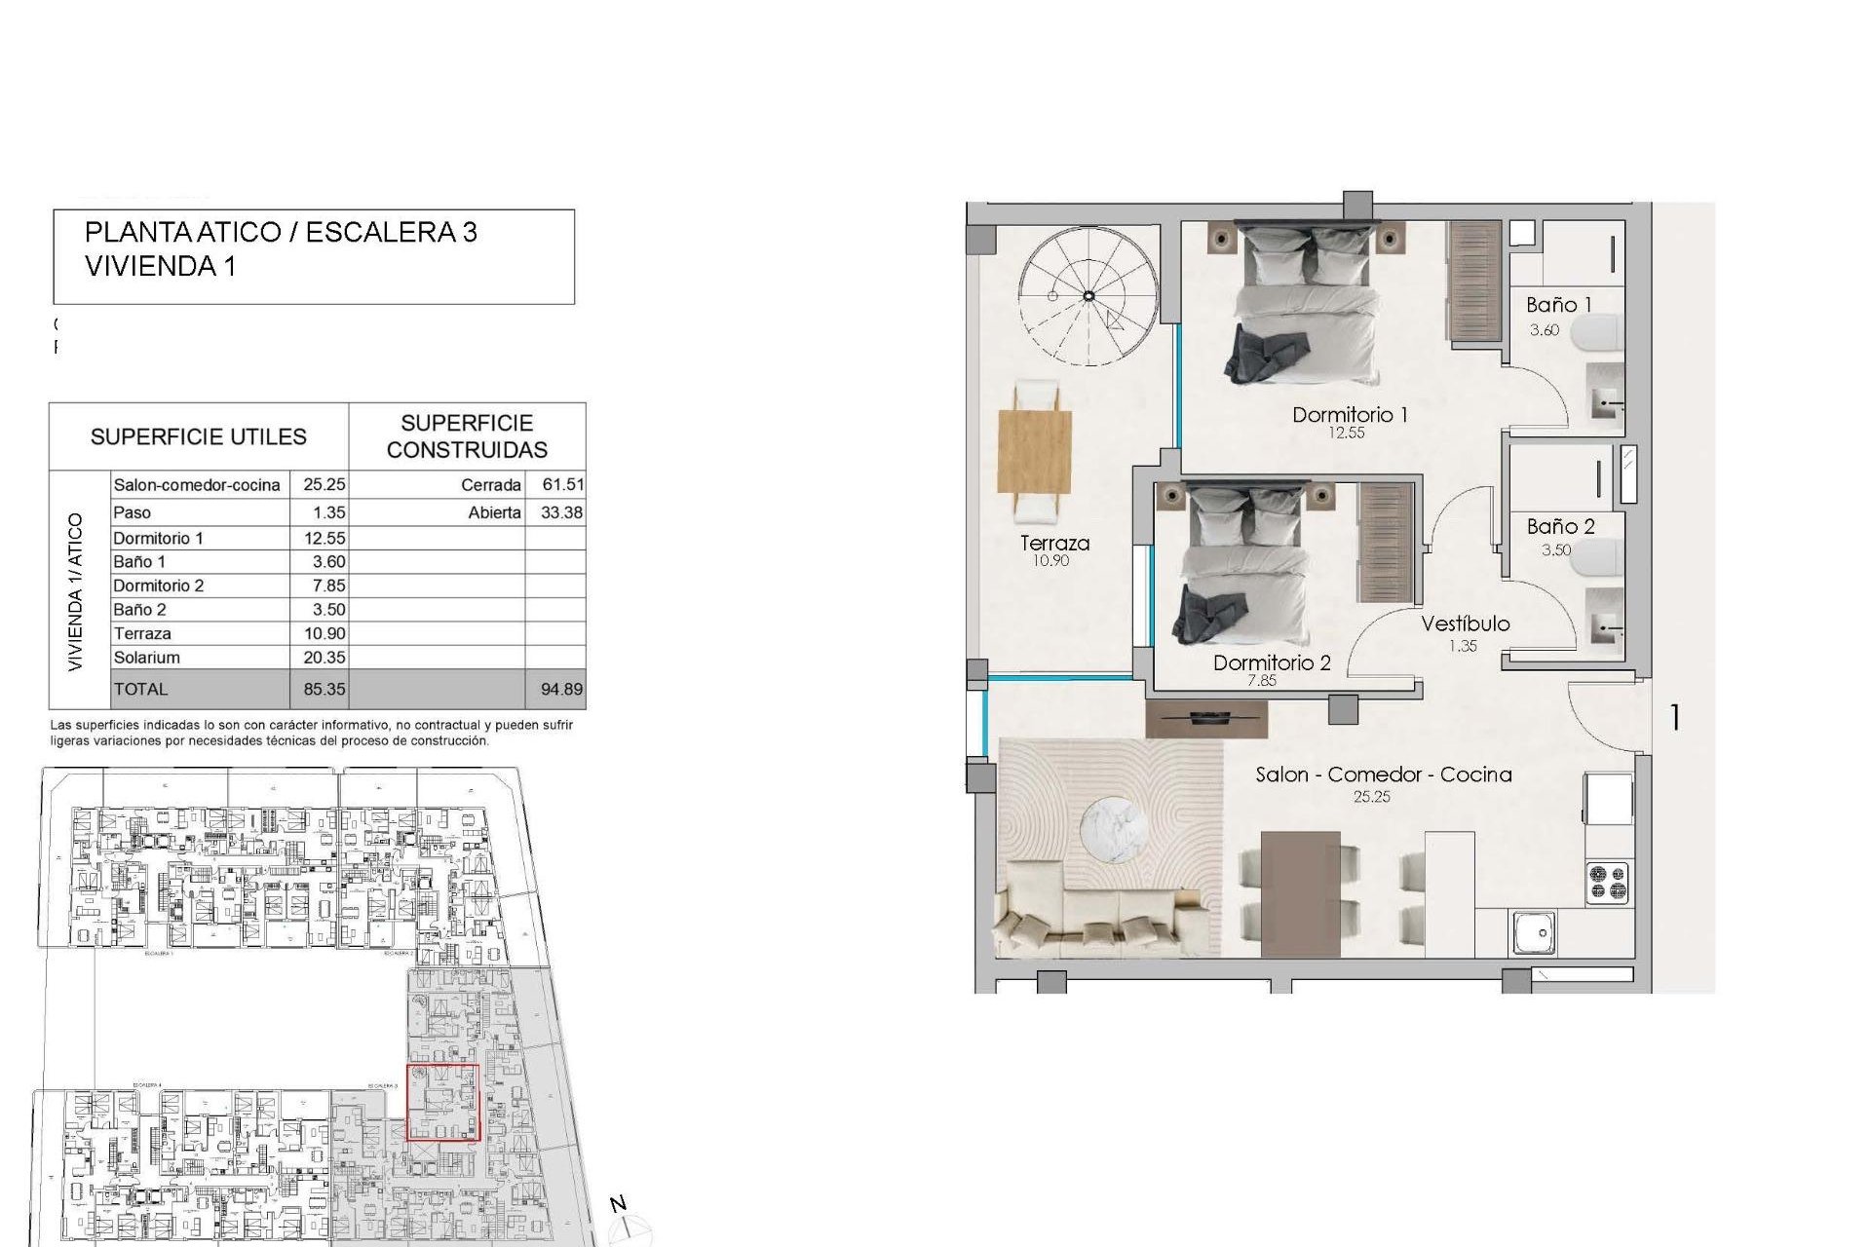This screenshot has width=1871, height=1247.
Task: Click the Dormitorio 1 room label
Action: [x=1349, y=415]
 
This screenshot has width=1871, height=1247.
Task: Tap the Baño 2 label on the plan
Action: [x=1560, y=527]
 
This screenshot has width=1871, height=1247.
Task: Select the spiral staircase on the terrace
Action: [x=1088, y=296]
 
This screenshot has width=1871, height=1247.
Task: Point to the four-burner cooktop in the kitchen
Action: [x=1607, y=883]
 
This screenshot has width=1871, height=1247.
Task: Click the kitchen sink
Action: [x=1534, y=933]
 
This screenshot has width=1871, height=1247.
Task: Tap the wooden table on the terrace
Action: [x=1035, y=452]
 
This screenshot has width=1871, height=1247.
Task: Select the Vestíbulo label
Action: [x=1465, y=624]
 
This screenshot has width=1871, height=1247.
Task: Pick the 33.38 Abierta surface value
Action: [x=561, y=512]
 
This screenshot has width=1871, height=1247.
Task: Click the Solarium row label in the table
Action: [x=147, y=658]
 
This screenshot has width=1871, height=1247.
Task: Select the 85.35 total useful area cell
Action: [x=324, y=689]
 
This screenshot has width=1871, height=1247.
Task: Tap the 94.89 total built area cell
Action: [x=561, y=689]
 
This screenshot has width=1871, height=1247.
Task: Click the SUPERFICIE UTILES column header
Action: [x=199, y=437]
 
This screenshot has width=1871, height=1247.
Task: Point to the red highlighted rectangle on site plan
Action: [x=442, y=1102]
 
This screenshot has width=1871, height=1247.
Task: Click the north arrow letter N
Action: [x=618, y=1204]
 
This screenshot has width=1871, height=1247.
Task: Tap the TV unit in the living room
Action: [x=1205, y=719]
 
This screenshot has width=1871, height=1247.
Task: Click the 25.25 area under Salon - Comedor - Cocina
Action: [x=1371, y=797]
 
